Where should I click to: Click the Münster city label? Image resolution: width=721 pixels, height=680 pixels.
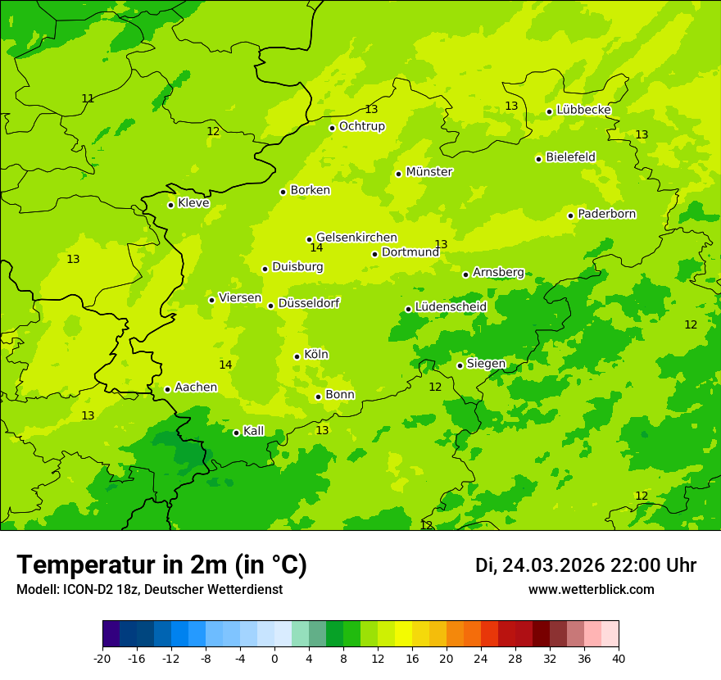pos(429,172)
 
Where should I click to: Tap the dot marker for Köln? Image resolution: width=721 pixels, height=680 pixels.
pos(297,356)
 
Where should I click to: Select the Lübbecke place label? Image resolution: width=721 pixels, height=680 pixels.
pos(583,110)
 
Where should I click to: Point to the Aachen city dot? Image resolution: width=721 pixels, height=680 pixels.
pos(167,389)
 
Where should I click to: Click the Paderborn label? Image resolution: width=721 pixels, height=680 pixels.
pos(606,214)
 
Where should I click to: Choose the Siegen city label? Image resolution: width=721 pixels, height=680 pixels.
pos(486,364)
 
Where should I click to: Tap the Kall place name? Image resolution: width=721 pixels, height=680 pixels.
pos(254,431)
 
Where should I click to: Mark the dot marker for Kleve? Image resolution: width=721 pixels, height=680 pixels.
pos(170,205)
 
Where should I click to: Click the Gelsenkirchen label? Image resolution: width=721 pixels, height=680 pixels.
pos(356,238)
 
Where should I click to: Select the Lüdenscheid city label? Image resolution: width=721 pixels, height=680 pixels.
pos(451,306)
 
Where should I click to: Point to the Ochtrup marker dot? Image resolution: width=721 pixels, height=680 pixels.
pos(332,128)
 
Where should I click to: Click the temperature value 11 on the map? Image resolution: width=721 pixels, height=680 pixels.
pos(88,98)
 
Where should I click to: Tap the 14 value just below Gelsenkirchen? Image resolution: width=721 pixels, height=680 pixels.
pos(316,248)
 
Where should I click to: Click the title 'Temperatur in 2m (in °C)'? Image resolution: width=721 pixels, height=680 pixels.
pos(161,564)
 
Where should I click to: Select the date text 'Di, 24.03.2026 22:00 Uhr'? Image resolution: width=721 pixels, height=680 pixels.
pos(585,565)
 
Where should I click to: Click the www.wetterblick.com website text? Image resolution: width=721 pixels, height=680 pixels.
pos(591,590)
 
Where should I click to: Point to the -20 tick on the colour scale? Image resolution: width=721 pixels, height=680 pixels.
pos(102,659)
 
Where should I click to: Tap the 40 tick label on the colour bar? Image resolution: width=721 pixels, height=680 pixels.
pos(618,659)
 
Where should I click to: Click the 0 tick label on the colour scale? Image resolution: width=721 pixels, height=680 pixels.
pos(274,659)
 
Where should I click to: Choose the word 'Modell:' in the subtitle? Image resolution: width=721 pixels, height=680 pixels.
pos(35,590)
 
